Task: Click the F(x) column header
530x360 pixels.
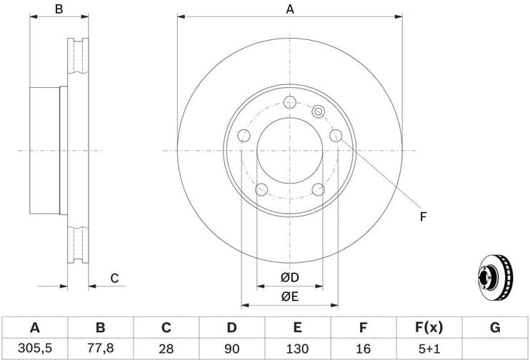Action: pyautogui.click(x=429, y=328)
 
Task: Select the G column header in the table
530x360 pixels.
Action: pyautogui.click(x=494, y=328)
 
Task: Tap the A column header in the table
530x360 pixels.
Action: pyautogui.click(x=34, y=328)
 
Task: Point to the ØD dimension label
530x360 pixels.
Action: pyautogui.click(x=289, y=277)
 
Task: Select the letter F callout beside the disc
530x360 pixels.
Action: pyautogui.click(x=423, y=216)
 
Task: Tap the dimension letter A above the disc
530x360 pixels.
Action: pyautogui.click(x=290, y=9)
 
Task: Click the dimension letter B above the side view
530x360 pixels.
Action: pyautogui.click(x=59, y=9)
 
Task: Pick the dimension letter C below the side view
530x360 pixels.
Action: pyautogui.click(x=114, y=279)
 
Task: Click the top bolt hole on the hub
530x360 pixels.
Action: pyautogui.click(x=289, y=101)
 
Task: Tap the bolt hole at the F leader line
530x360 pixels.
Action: pyautogui.click(x=336, y=136)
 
